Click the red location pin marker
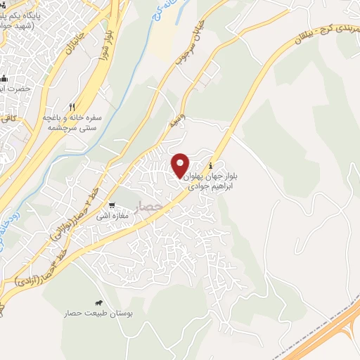pyautogui.click(x=180, y=165)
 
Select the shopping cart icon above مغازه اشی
pyautogui.click(x=111, y=207)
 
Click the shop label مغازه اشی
pyautogui.click(x=112, y=217)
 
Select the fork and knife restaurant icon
pyautogui.click(x=72, y=106)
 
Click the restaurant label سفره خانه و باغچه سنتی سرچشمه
pyautogui.click(x=73, y=121)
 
